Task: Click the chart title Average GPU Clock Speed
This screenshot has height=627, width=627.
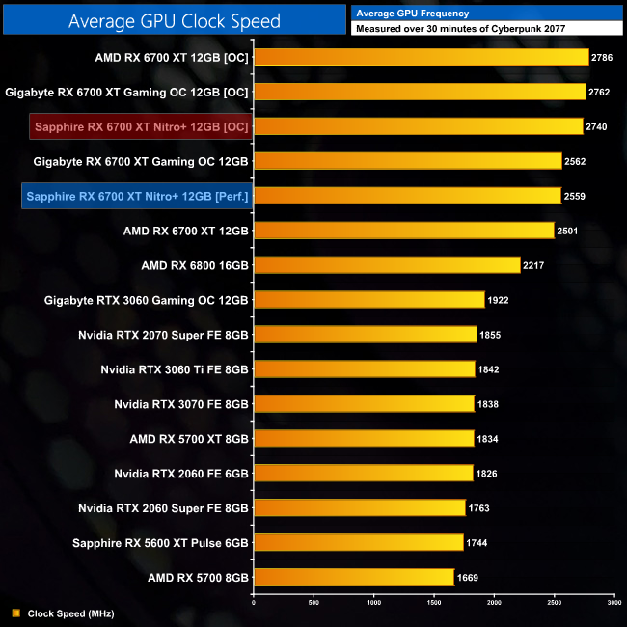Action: click(175, 20)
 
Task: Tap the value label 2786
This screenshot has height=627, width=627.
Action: click(604, 58)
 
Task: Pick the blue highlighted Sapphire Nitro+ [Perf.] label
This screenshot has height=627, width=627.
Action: click(138, 197)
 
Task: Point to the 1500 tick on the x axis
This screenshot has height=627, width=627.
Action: click(433, 603)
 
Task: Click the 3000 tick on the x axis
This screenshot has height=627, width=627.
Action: click(613, 603)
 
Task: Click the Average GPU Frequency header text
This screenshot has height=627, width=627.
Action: click(413, 13)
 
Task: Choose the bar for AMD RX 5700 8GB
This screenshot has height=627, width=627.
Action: click(353, 577)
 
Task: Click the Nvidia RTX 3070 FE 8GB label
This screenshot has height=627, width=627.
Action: click(181, 404)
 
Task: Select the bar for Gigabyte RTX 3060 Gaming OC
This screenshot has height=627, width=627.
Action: click(368, 300)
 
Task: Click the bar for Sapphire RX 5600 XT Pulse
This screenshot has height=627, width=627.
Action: click(358, 543)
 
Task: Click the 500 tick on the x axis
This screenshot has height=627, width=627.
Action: click(313, 603)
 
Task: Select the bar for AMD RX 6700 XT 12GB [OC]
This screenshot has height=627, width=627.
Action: click(421, 57)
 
